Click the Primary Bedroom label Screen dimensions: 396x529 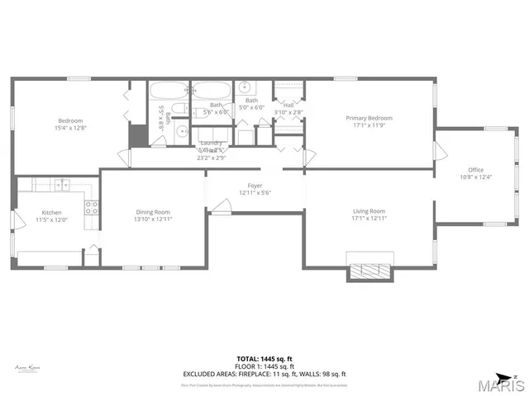tap(369, 119)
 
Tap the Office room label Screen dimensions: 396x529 tap(475, 170)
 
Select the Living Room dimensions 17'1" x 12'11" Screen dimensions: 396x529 tap(369, 217)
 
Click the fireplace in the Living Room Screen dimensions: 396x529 tap(369, 271)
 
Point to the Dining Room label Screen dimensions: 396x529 tap(154, 211)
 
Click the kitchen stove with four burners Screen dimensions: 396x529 tap(93, 208)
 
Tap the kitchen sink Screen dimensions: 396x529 tap(61, 183)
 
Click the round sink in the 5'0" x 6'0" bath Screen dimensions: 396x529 tap(245, 87)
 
